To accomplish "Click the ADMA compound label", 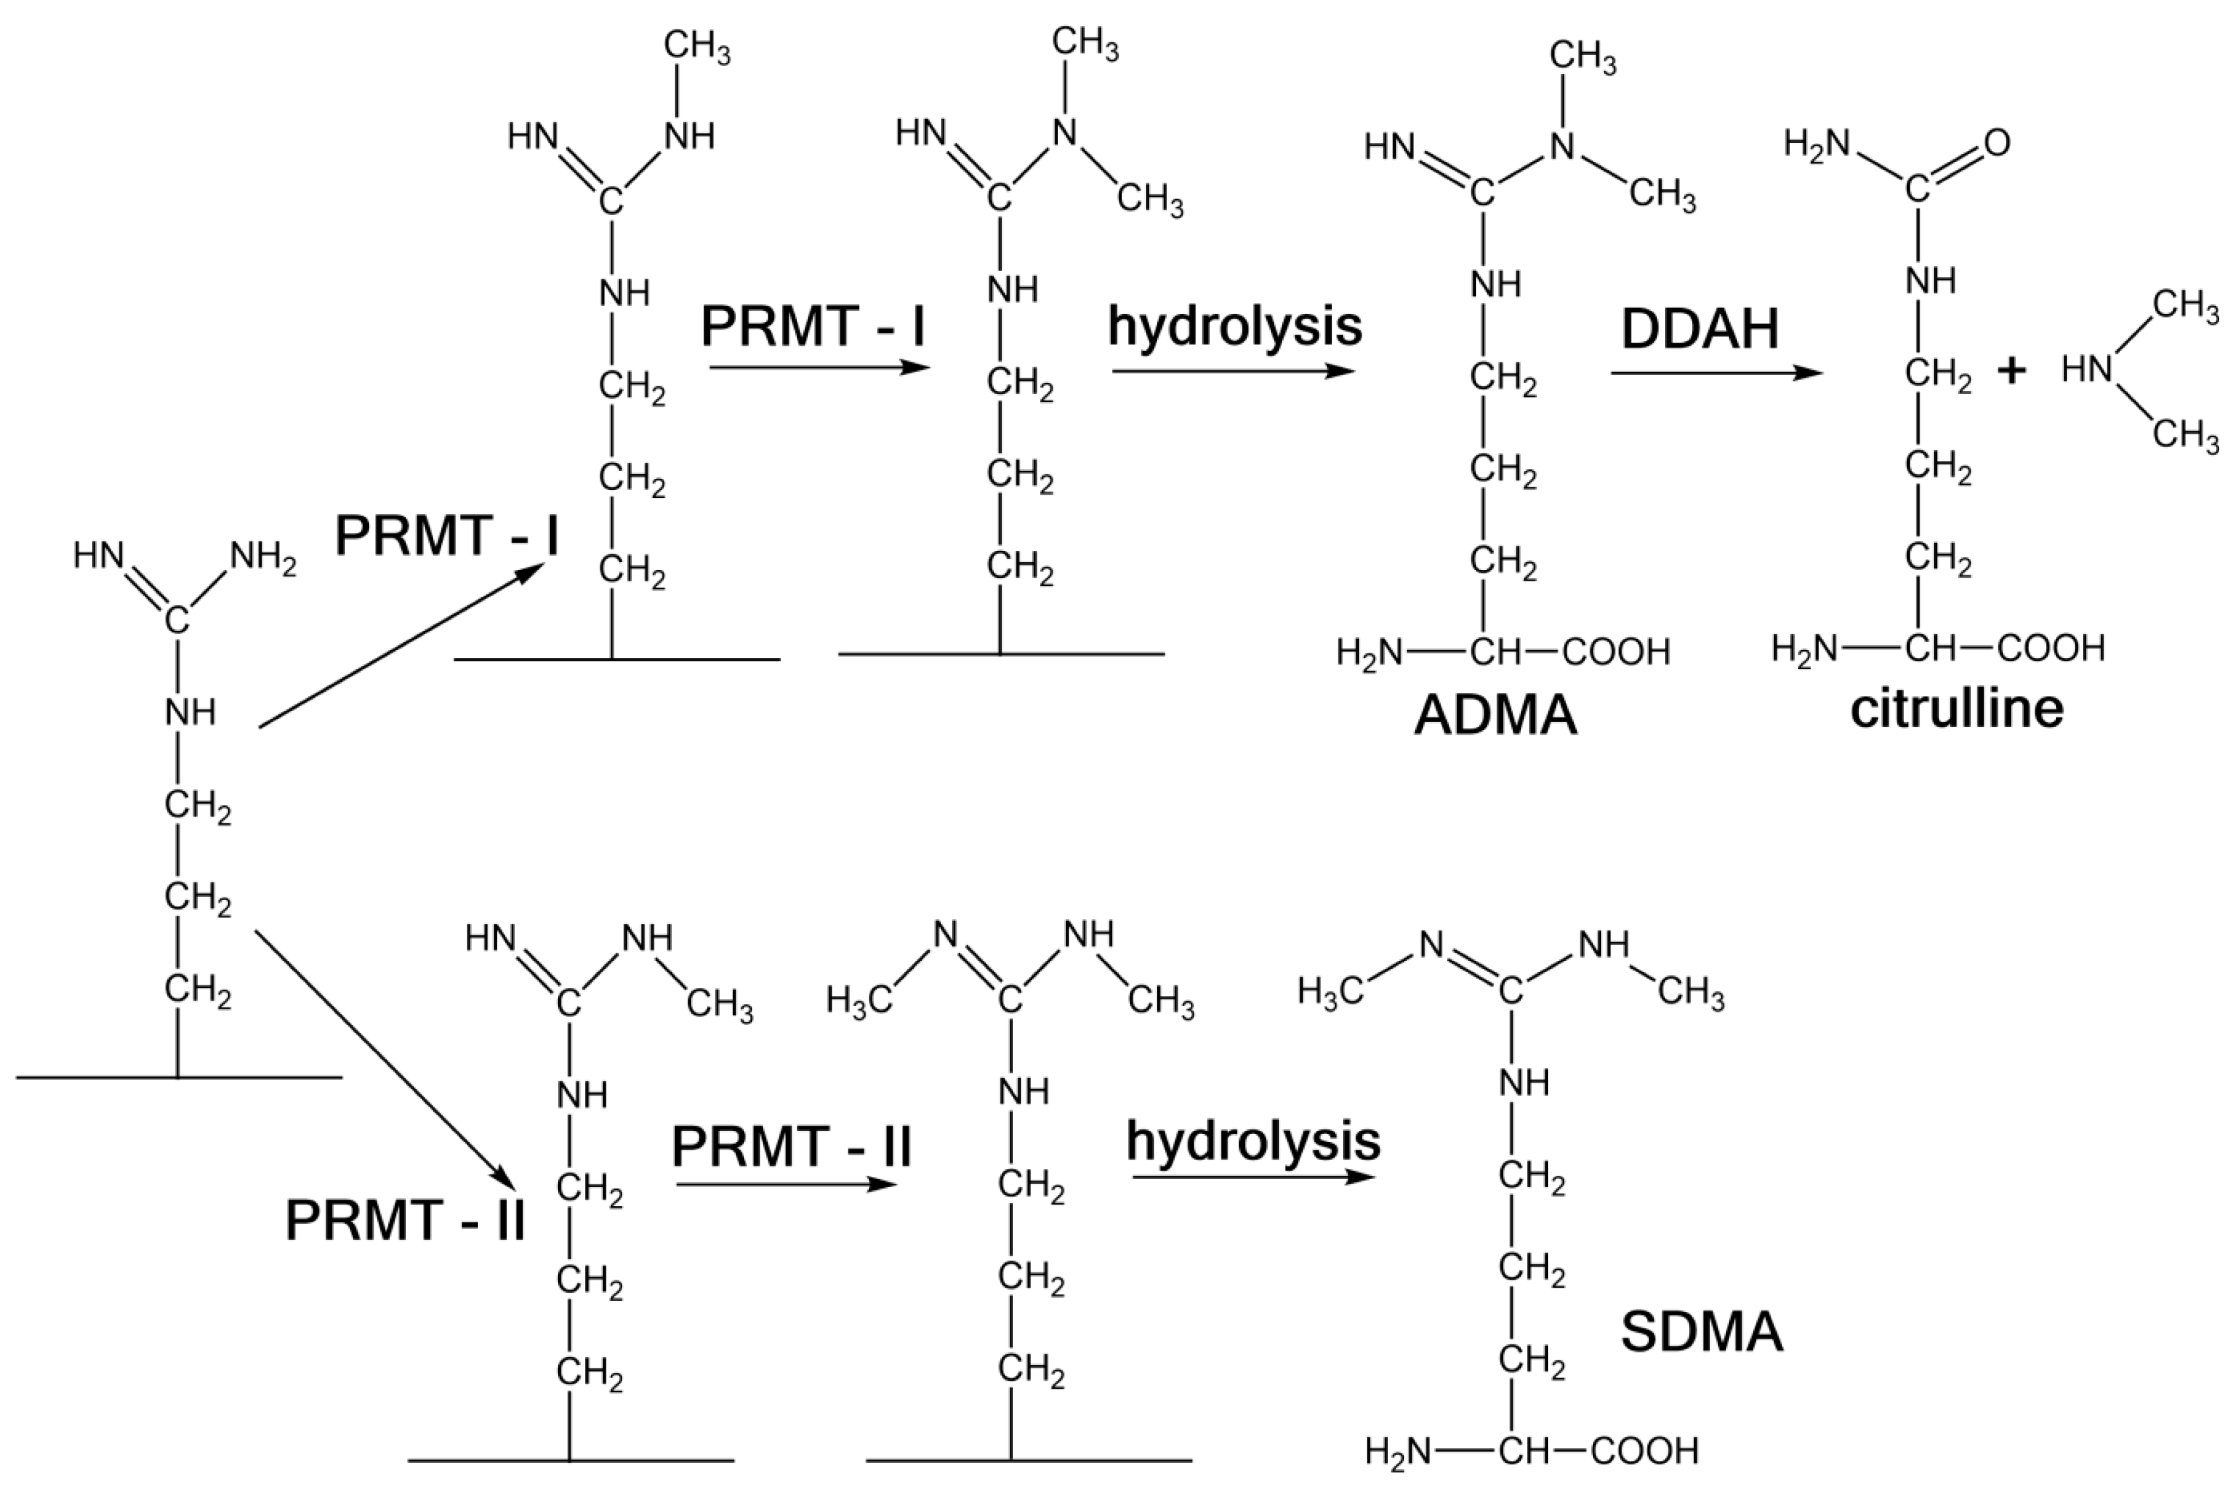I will click(1495, 716).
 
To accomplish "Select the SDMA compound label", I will click(1702, 1331).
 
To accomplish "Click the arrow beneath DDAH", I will click(1716, 372).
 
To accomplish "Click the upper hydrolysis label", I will click(1235, 327).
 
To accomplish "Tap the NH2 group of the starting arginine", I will click(263, 557).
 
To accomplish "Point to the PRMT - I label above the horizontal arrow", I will click(812, 327).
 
